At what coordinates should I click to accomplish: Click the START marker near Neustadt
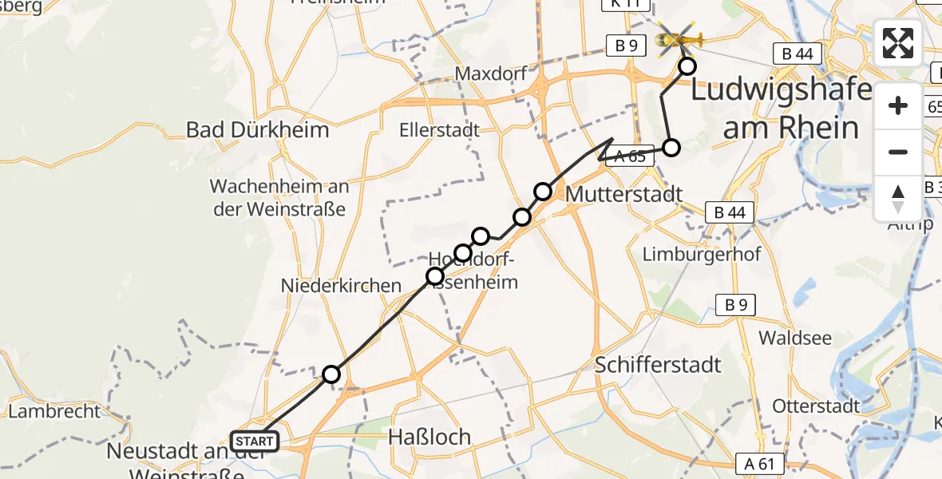point(255,441)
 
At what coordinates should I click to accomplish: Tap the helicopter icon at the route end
point(678,38)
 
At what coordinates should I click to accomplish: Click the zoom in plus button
point(898,106)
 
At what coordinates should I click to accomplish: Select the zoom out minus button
point(898,152)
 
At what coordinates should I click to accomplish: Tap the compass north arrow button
point(898,197)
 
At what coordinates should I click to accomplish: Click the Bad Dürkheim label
point(257,129)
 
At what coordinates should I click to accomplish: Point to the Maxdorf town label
point(491,74)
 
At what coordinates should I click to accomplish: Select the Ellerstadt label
point(441,129)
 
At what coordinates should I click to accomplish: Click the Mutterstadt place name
point(623,194)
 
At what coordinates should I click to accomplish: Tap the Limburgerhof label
point(702,255)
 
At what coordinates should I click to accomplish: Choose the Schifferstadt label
point(658,365)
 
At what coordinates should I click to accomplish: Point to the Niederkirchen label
point(341,285)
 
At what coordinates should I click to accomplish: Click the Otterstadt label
point(816,406)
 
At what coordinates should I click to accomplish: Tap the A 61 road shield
point(762,464)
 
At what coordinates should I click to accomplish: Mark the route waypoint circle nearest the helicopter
point(686,66)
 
